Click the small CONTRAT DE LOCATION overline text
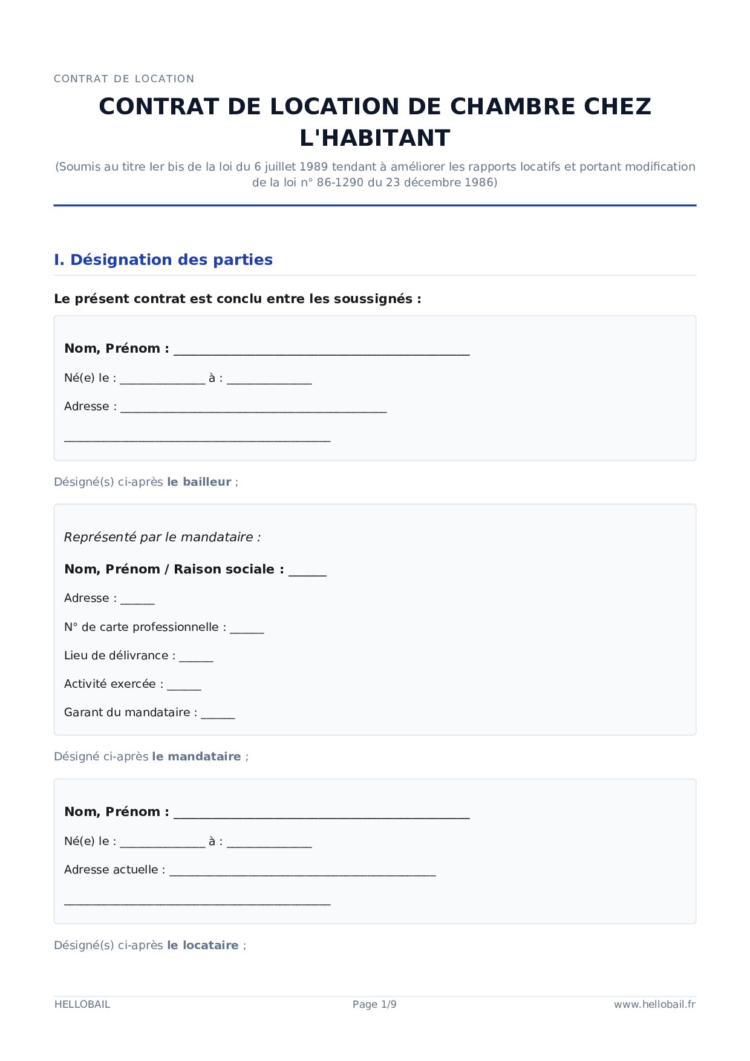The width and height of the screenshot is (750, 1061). point(124,79)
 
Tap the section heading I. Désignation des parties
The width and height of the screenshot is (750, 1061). point(163,260)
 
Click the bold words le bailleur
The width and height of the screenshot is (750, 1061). point(199,482)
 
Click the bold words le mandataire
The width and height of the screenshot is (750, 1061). point(196,756)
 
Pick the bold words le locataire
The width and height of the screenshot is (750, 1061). point(203,945)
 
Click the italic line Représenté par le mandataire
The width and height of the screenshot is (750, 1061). point(162,537)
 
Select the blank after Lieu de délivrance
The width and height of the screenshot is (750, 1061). point(196,658)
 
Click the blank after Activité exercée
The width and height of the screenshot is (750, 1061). point(184,686)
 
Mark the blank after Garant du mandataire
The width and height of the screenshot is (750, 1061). point(218,714)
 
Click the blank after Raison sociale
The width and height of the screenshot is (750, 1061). point(307,572)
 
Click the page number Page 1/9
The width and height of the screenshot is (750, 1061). point(374,1004)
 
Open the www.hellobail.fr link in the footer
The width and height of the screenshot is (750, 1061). point(654,1004)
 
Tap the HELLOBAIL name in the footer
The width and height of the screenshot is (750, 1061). point(82,1004)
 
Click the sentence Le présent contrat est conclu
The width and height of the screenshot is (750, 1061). point(237,298)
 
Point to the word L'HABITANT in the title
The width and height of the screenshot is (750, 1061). point(375,138)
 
